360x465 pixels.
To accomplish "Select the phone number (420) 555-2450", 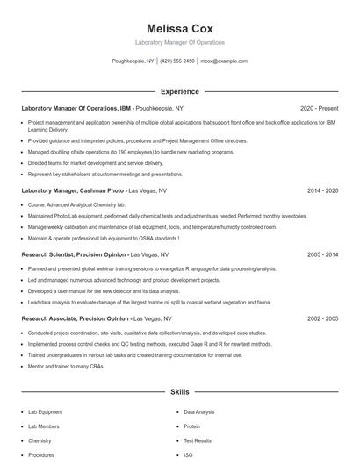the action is [177, 61].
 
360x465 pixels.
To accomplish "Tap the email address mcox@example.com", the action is [224, 61].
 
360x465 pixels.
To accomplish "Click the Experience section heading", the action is [179, 91].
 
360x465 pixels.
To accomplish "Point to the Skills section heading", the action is [179, 394].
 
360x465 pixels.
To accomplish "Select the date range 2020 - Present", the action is [319, 108].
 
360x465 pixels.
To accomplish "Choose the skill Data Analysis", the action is [198, 411].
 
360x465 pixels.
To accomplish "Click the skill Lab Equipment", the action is [46, 411].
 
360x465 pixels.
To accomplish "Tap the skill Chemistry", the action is [40, 440].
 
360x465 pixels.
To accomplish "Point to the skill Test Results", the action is [198, 440].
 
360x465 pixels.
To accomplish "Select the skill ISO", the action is [188, 455].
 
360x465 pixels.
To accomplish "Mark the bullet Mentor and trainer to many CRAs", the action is [66, 366].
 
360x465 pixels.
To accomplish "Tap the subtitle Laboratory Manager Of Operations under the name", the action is [179, 42].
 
